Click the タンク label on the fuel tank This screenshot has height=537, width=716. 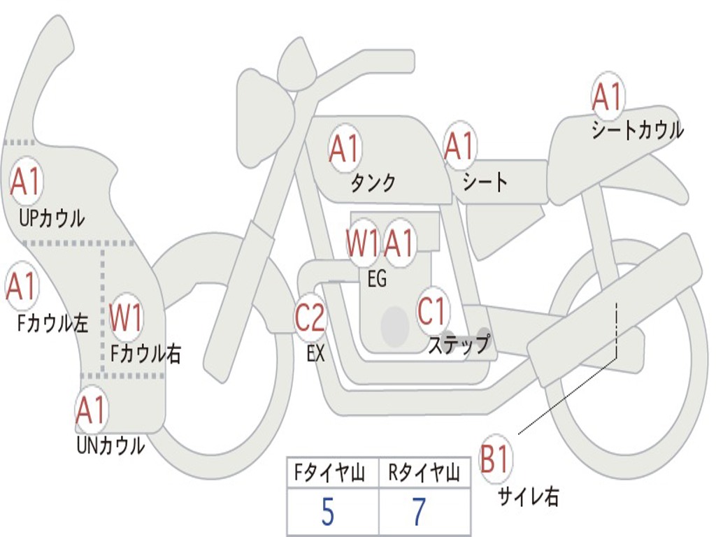tap(373, 183)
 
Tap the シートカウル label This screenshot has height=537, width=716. tap(637, 131)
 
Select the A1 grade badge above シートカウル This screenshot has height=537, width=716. tap(607, 97)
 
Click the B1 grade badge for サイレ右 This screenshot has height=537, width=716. tap(495, 460)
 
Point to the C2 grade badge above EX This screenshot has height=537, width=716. tap(310, 318)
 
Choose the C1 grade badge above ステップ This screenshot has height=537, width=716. tap(432, 311)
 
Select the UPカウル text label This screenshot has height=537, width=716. tap(52, 217)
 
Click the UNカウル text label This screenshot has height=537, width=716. tap(110, 445)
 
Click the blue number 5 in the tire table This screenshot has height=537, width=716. tap(327, 513)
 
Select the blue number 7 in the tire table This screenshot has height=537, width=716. tap(419, 513)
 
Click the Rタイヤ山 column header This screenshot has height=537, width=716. tap(424, 475)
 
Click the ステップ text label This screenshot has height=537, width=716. tap(459, 345)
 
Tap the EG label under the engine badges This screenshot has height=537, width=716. tap(377, 280)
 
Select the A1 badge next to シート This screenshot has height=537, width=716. tap(459, 147)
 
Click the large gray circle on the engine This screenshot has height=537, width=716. tap(395, 326)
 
